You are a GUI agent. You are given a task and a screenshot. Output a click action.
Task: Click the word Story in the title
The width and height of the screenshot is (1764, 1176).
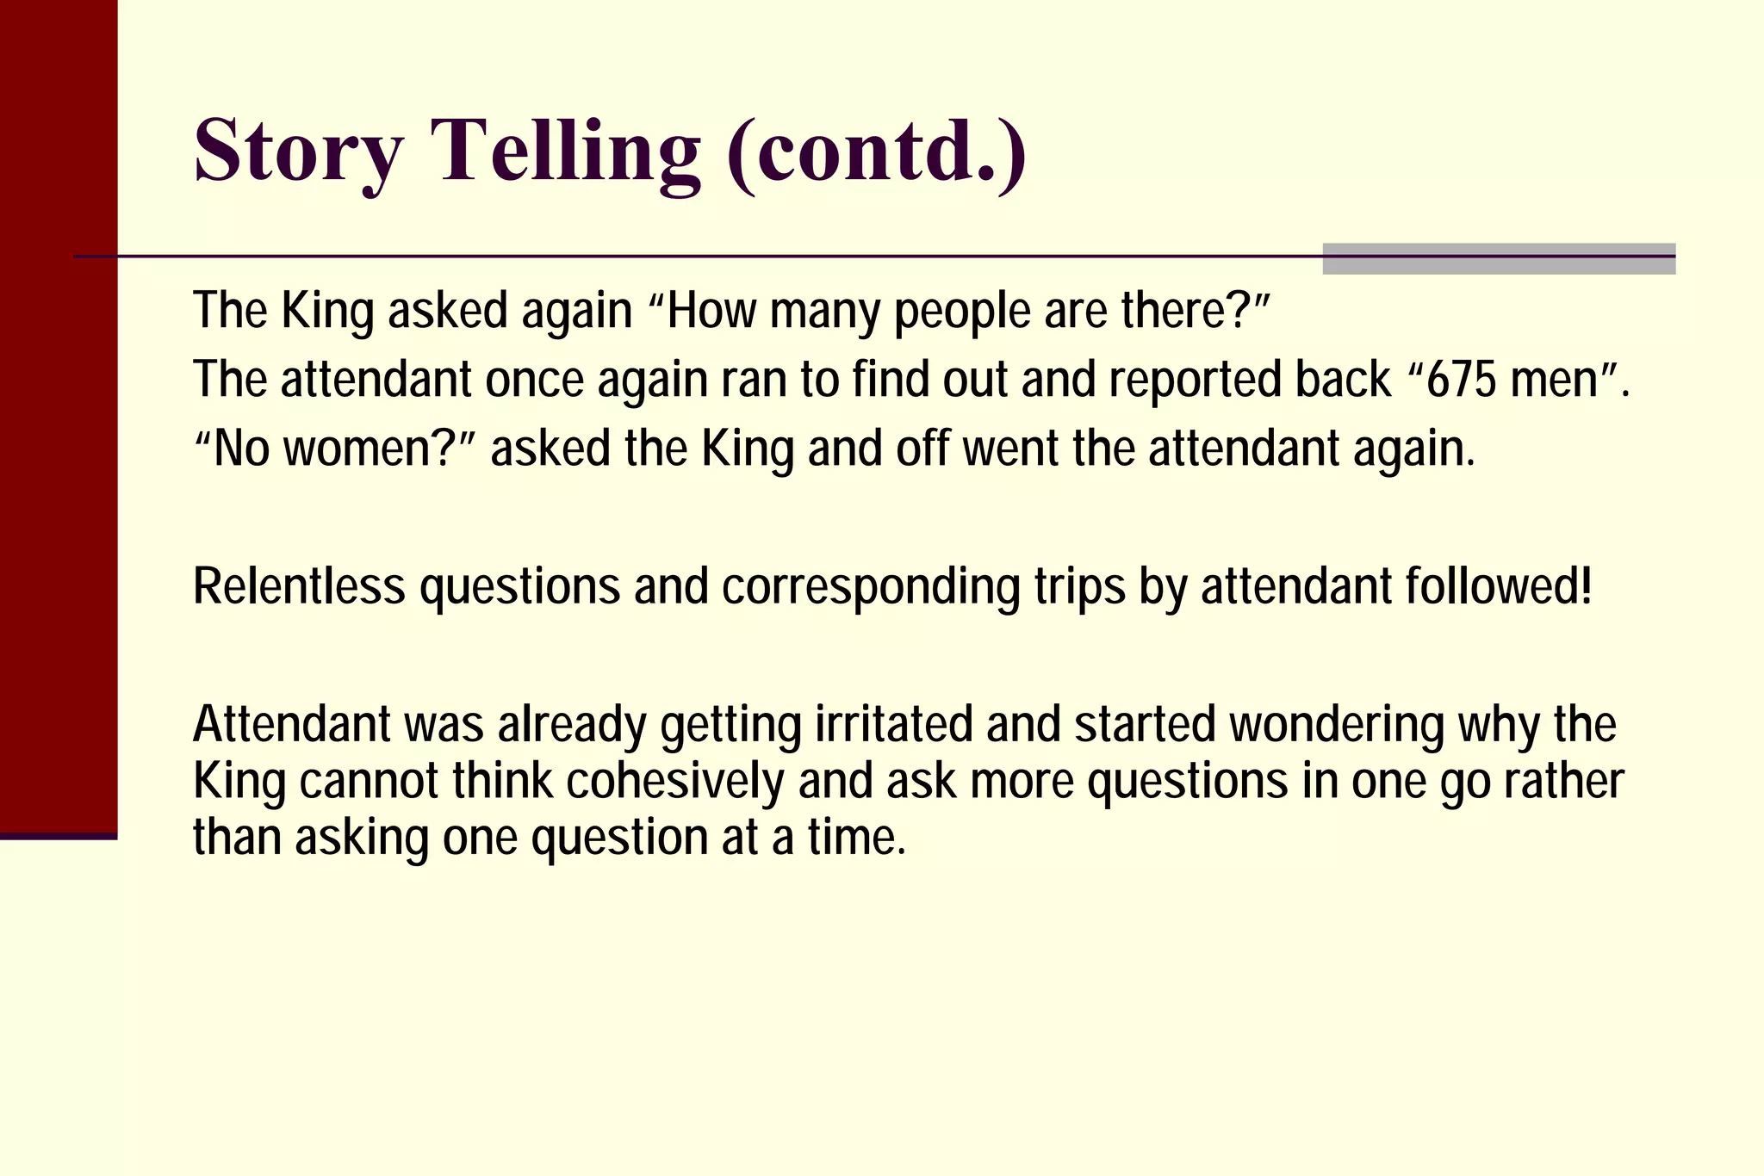pyautogui.click(x=298, y=151)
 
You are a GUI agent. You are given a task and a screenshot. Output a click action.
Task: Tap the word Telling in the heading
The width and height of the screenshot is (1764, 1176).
pyautogui.click(x=569, y=151)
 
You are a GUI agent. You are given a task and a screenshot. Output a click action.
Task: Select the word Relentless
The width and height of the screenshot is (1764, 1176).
pyautogui.click(x=299, y=586)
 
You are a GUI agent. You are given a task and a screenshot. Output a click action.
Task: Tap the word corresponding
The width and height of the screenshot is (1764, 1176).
pyautogui.click(x=870, y=586)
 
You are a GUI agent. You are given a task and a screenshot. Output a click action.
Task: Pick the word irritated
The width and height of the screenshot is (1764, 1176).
pyautogui.click(x=893, y=724)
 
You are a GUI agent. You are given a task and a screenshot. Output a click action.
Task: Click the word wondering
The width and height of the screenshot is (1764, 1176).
pyautogui.click(x=1336, y=724)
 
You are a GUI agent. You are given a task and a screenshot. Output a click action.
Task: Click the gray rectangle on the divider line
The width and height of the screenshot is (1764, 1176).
pyautogui.click(x=1499, y=258)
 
